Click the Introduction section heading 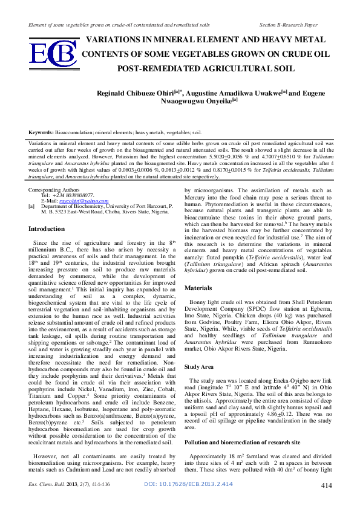click(x=47, y=229)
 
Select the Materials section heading click(x=198, y=288)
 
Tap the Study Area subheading click(x=200, y=367)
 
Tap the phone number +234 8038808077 click(x=72, y=195)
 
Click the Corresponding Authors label click(x=53, y=190)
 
